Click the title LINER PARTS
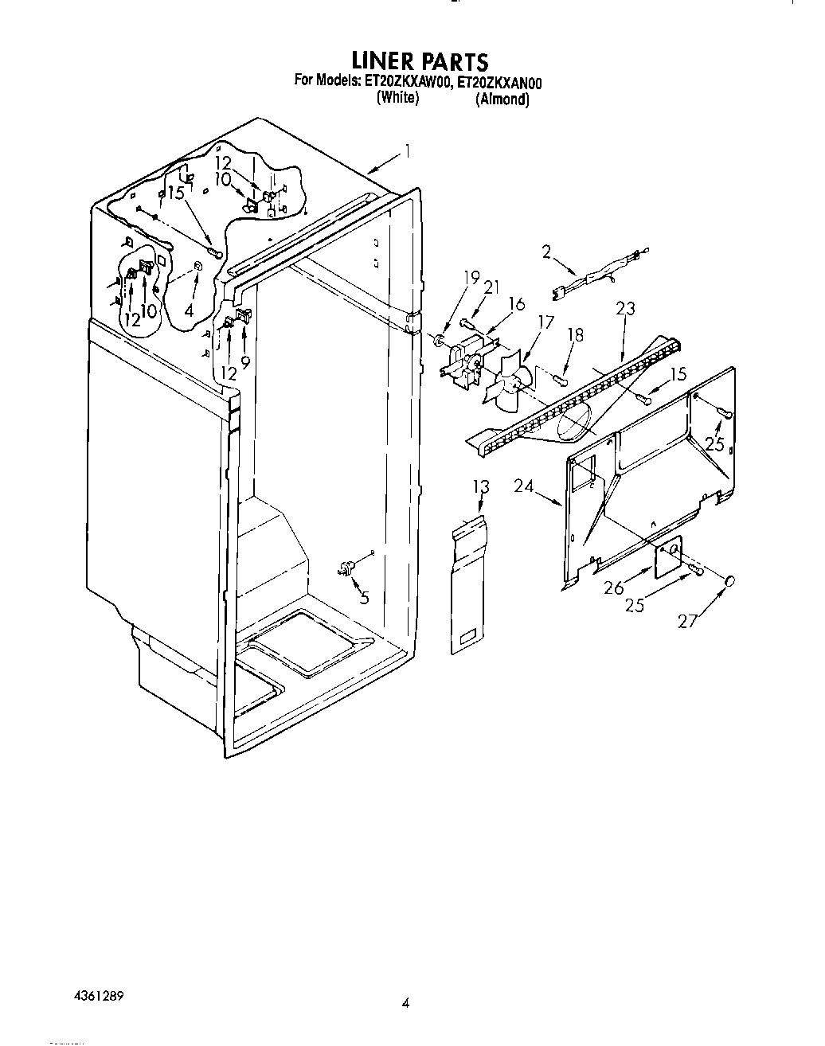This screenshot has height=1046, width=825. [420, 61]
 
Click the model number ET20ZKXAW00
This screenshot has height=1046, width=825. [408, 80]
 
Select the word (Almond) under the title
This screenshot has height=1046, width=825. [502, 100]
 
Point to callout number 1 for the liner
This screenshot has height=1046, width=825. [407, 150]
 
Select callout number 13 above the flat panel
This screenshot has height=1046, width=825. [480, 486]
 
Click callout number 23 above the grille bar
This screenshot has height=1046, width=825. [625, 309]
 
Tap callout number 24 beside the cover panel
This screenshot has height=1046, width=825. [523, 486]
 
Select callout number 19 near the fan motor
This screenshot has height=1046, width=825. [471, 278]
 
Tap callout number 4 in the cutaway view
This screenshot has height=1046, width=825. [189, 310]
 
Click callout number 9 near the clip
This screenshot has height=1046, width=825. [244, 361]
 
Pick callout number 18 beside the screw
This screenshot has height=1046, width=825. [575, 336]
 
